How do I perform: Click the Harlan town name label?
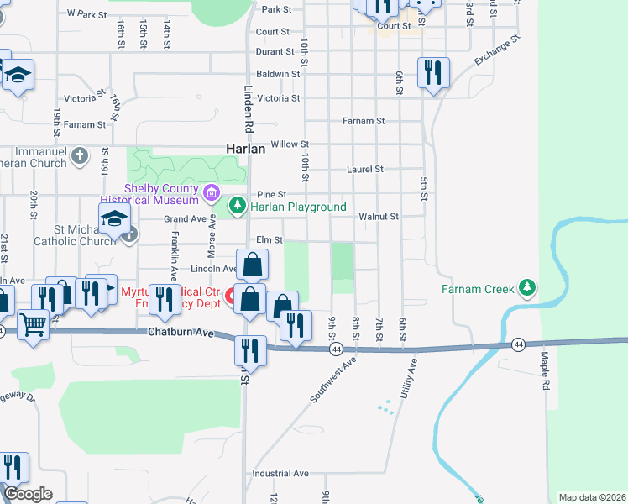(245, 149)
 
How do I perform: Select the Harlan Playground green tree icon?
(238, 205)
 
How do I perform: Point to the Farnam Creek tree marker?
(527, 289)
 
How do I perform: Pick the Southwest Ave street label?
(333, 380)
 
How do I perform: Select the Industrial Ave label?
(280, 474)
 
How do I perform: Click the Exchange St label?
(497, 50)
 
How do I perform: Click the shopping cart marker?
(33, 323)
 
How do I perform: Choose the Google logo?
(27, 494)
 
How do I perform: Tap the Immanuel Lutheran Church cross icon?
(79, 155)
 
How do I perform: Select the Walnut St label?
(378, 217)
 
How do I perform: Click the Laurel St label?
(365, 169)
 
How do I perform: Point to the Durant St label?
(275, 52)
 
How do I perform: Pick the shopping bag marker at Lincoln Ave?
(252, 265)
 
